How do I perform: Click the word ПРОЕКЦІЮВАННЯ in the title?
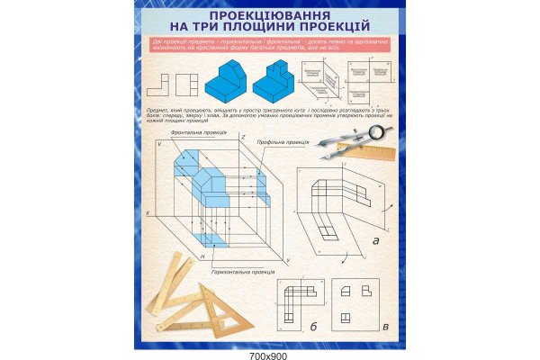coord(268,17)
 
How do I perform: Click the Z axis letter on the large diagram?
coord(242,137)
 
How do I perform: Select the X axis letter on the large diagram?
coord(148,212)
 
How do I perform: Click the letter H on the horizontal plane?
coord(204,256)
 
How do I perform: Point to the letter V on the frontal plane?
coord(160,145)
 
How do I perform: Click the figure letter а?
coord(375,240)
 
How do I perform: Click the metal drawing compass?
coord(355,144)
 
